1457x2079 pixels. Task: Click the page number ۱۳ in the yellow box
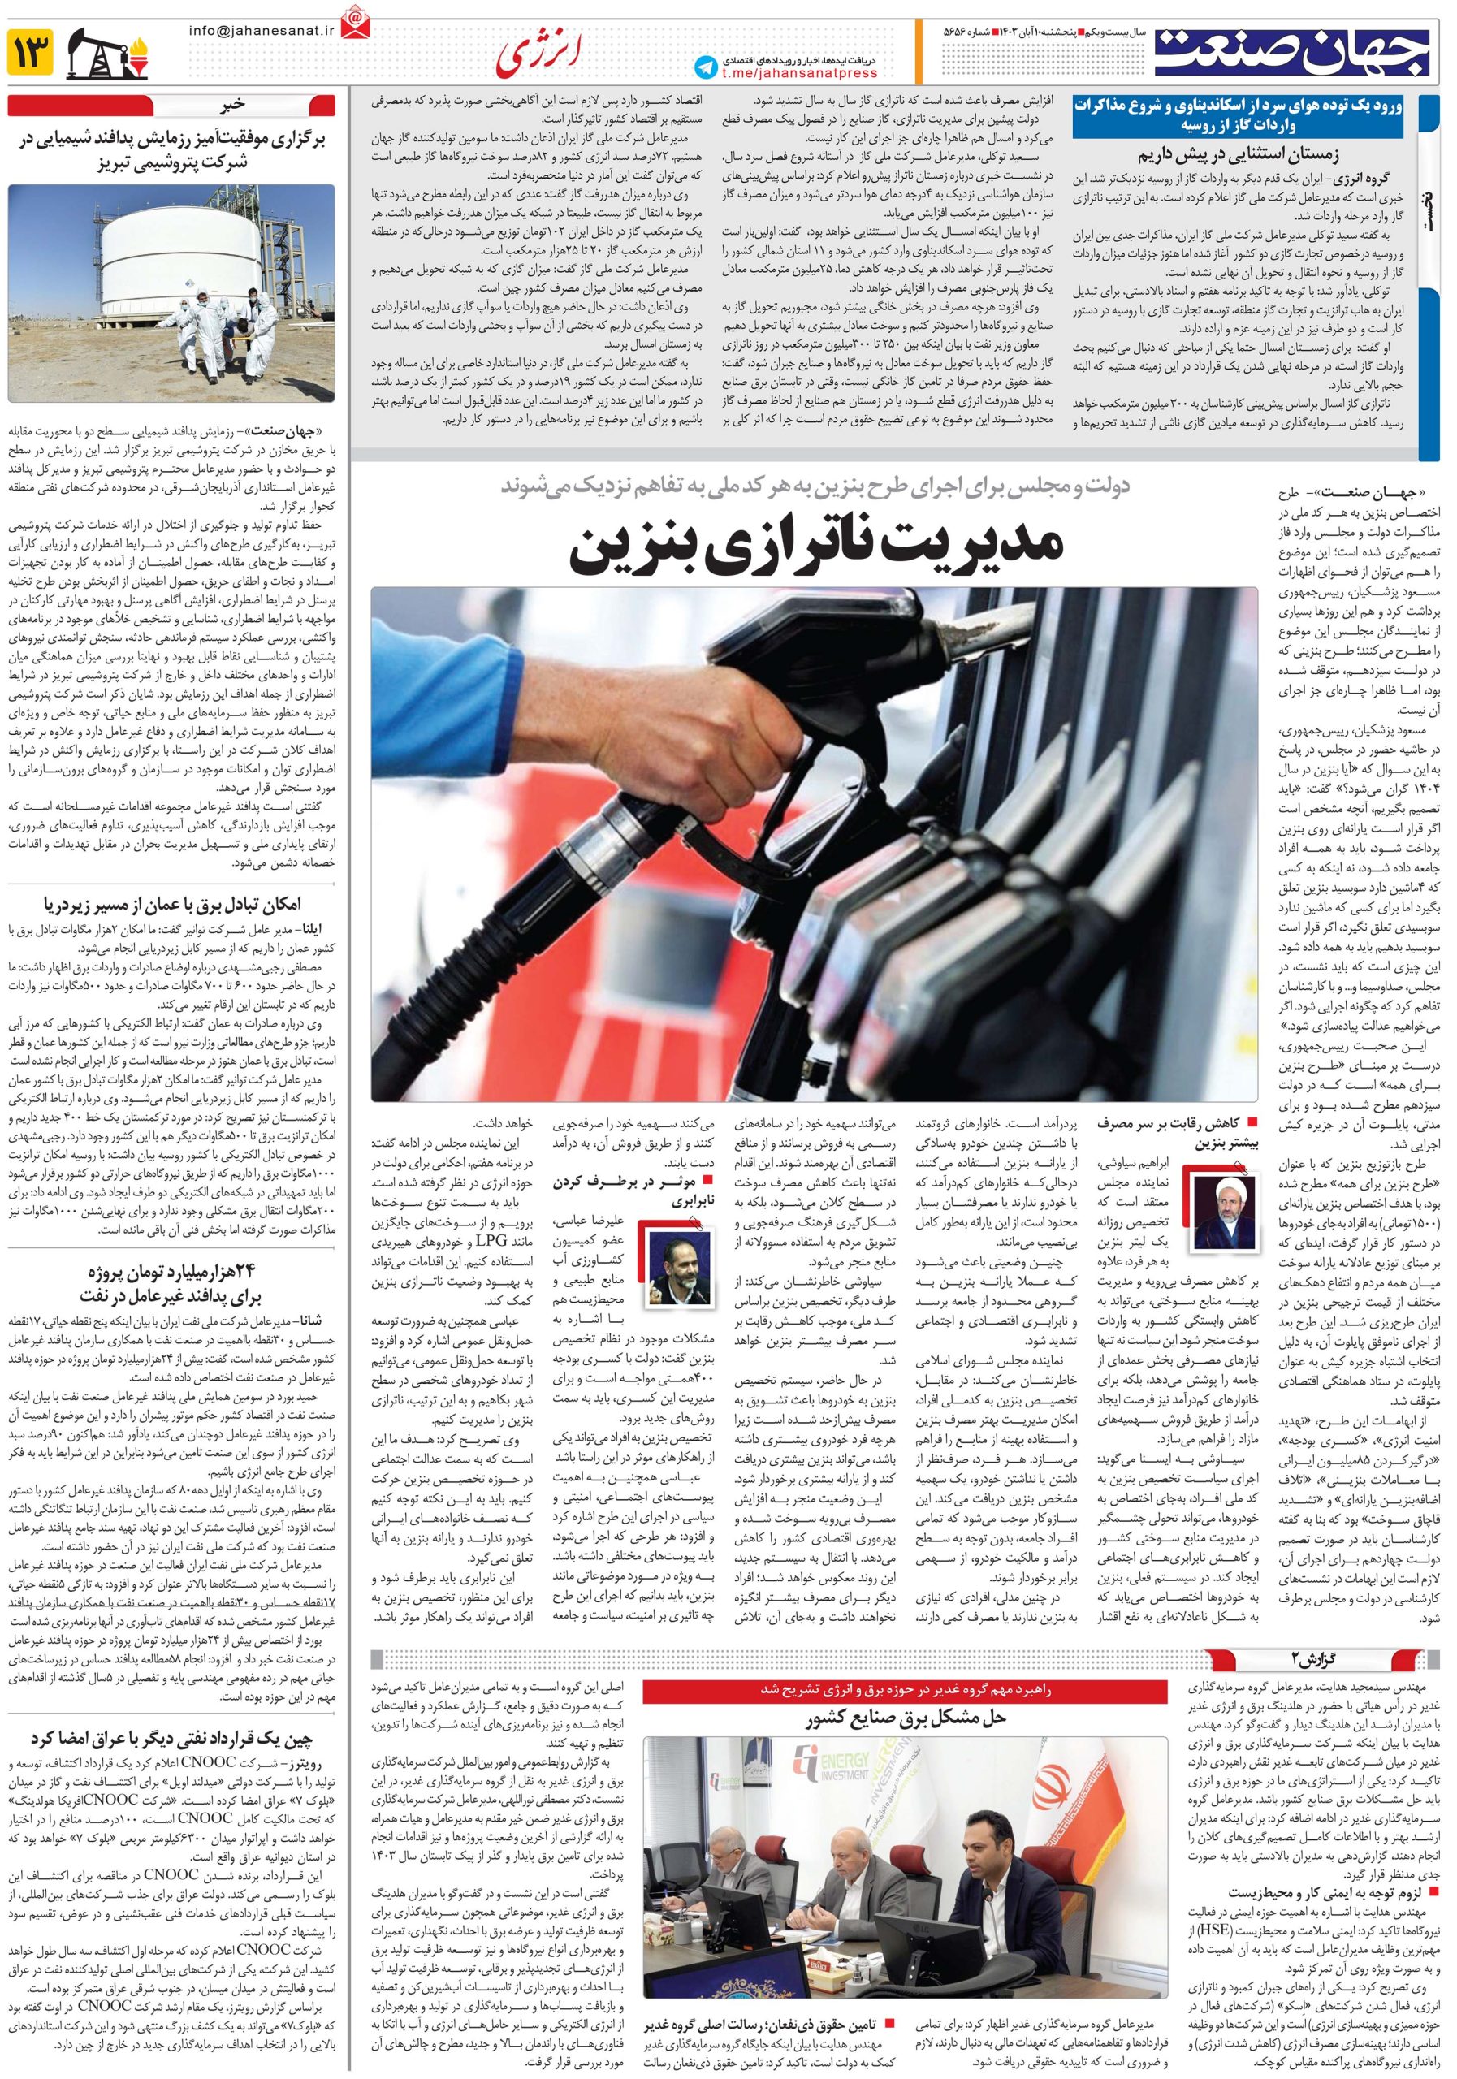(29, 54)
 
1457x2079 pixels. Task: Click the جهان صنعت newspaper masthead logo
(1293, 52)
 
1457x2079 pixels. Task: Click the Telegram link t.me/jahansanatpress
(800, 73)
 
